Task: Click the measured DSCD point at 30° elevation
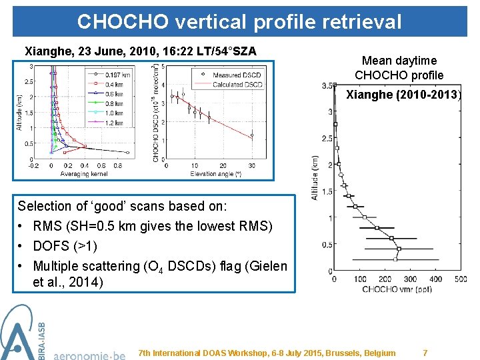pos(251,135)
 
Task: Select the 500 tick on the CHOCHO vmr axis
pos(460,279)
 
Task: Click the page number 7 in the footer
pos(425,353)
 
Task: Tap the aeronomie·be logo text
pos(89,355)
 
